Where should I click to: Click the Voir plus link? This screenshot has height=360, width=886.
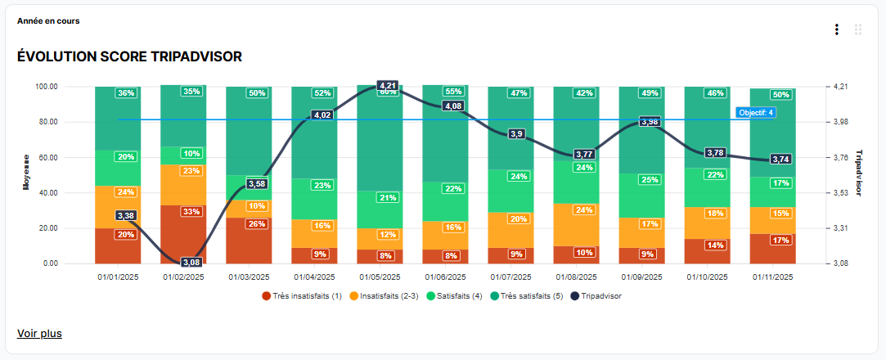(x=39, y=333)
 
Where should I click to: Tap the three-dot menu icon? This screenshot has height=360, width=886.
(x=836, y=29)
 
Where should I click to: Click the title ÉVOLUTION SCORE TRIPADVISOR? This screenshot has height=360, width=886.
(x=129, y=56)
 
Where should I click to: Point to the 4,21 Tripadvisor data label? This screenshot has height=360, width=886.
(x=388, y=85)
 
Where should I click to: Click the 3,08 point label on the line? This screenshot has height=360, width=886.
(x=191, y=262)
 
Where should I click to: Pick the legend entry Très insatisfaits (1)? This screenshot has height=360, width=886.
(x=301, y=296)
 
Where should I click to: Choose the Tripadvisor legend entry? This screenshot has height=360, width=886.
(x=596, y=296)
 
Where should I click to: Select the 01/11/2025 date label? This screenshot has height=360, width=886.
(x=773, y=277)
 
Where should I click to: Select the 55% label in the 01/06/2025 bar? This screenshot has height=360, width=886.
(x=453, y=92)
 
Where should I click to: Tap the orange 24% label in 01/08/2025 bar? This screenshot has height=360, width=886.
(x=584, y=209)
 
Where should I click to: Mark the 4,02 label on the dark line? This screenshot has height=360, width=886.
(x=322, y=115)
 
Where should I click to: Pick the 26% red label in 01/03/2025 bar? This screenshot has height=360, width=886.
(x=257, y=224)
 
